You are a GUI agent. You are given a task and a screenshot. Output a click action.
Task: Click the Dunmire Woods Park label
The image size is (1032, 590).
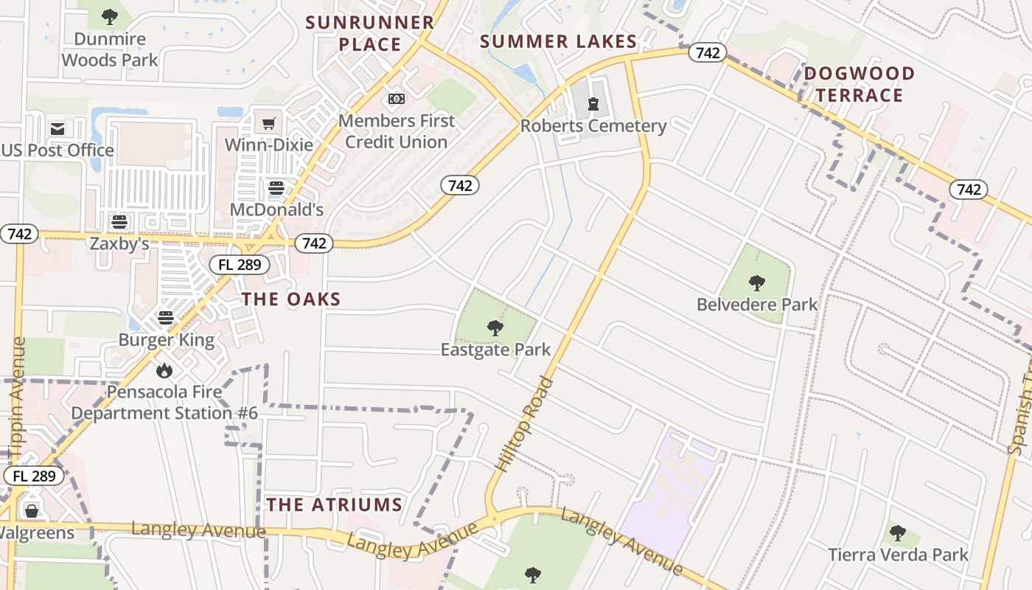pos(110,49)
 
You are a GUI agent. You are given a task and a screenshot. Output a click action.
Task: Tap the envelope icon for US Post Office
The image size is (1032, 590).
pos(57,130)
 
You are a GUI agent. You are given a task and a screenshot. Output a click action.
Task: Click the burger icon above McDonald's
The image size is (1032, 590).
pos(276,188)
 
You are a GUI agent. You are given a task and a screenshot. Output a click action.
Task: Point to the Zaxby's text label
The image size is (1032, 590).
pos(119,244)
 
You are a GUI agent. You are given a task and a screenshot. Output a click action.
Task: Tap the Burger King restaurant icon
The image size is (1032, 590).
pos(166,318)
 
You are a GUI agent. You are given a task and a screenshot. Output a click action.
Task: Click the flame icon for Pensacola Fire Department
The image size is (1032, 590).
pos(164,370)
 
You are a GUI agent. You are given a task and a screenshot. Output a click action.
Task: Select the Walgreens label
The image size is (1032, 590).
pos(38,532)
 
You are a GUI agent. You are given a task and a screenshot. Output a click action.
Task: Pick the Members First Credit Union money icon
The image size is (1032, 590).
pos(397,99)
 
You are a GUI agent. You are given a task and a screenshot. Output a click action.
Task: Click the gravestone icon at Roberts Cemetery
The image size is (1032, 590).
pos(593,104)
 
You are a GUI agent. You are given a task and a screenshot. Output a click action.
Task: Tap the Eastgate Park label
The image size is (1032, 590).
pos(495,350)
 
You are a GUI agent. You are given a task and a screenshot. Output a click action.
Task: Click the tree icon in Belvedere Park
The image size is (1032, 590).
pos(756,282)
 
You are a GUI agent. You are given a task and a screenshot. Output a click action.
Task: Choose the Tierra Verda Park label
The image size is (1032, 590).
pos(898,555)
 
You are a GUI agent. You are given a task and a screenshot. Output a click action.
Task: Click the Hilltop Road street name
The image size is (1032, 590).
pos(524,424)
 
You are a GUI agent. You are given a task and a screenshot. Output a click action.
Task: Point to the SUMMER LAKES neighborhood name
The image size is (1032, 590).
pos(558,42)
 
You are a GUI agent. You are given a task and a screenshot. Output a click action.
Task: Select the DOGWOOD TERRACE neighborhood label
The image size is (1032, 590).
pos(859,84)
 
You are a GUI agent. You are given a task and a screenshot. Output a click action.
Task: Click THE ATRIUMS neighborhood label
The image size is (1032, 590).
pos(334,505)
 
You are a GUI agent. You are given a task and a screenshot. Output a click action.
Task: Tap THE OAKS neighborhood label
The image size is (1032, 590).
pos(291,299)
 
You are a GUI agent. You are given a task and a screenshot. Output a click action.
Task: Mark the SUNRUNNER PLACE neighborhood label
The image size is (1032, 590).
pos(370,33)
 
